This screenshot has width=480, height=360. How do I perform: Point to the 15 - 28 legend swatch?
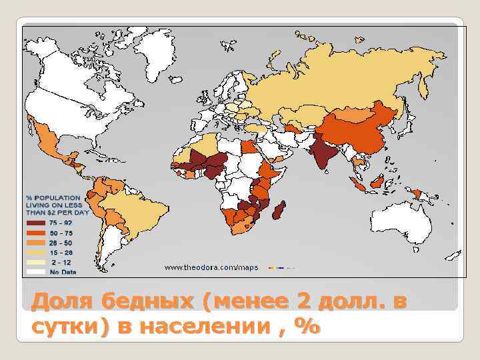tap(36, 253)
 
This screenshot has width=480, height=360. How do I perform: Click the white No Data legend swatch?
tap(36, 271)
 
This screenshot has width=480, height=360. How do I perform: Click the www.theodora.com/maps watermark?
tap(211, 267)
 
